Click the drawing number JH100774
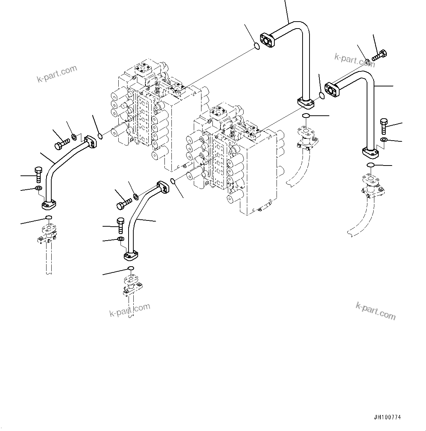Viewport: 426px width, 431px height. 388,417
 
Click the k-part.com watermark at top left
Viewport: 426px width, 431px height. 57,74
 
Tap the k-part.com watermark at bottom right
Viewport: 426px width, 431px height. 375,311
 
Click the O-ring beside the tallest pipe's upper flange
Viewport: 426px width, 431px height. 257,46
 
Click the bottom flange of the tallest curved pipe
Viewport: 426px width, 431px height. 305,103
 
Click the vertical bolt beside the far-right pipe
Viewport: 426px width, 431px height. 384,126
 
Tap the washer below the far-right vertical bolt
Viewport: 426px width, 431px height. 383,140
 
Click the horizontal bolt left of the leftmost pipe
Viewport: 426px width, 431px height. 61,143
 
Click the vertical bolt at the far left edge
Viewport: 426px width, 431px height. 38,174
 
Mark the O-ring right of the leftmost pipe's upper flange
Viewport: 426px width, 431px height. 100,137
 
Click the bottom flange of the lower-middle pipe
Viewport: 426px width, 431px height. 130,256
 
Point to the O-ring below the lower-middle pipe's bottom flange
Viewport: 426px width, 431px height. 131,269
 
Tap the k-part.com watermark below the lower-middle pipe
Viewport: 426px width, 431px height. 130,310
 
